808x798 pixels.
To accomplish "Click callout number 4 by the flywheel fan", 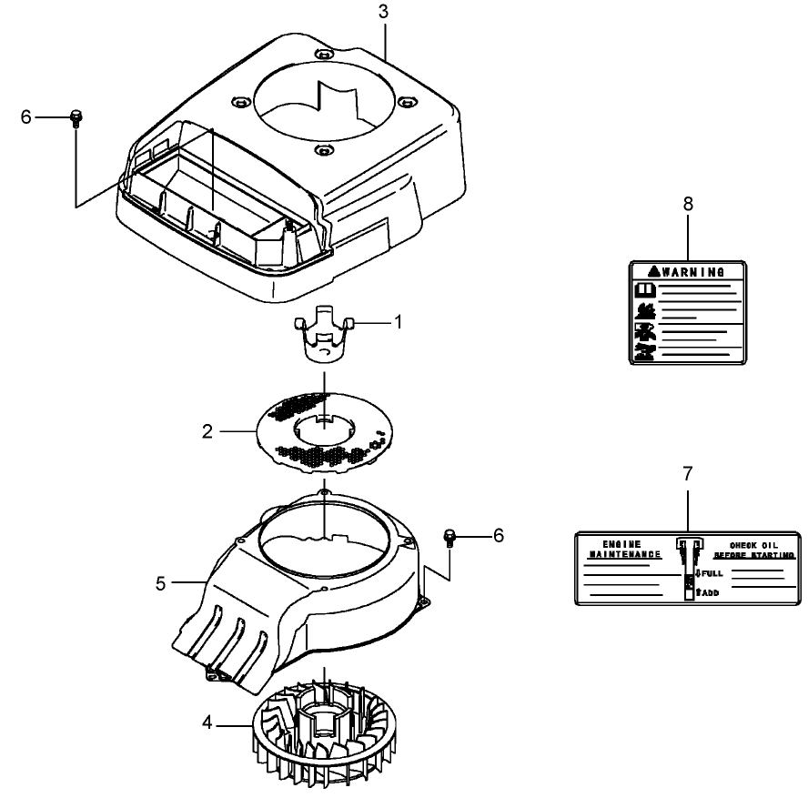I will pos(207,723).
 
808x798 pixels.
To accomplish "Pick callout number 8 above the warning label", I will pos(688,204).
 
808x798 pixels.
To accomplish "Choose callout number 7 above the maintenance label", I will pos(688,474).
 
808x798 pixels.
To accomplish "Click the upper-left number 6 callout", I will pos(25,116).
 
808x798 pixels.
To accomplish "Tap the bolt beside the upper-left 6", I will pos(76,117).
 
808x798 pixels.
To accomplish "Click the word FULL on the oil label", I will pos(712,574).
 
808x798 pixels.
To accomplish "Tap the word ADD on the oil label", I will pos(711,592).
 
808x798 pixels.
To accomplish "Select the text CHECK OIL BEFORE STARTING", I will pos(754,548).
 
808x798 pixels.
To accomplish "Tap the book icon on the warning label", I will pos(644,290).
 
